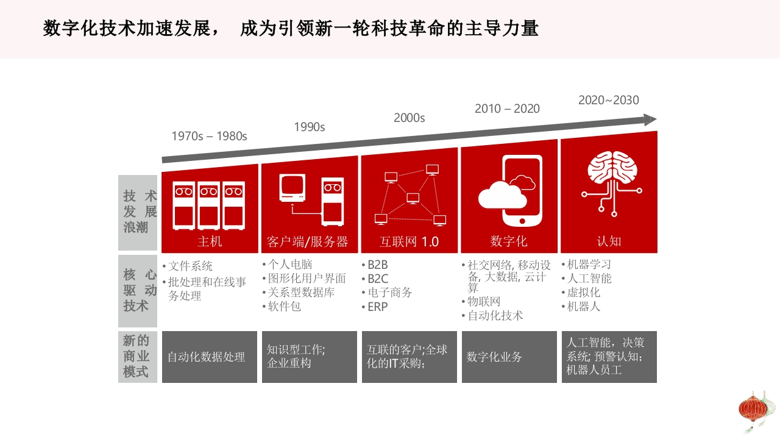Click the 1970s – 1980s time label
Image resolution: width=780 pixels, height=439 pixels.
209,136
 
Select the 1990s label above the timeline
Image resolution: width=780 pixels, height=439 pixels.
309,127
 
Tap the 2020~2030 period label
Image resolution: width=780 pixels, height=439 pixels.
609,100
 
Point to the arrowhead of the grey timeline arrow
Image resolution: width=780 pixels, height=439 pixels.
650,120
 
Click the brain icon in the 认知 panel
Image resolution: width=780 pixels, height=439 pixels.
612,184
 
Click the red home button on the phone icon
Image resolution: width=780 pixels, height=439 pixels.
522,221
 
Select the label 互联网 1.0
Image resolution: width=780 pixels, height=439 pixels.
409,241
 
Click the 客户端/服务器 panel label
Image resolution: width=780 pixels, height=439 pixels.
308,241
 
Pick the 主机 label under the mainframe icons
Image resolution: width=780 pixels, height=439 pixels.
210,241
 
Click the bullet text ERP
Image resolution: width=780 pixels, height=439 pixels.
377,307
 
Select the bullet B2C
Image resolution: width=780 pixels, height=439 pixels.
378,279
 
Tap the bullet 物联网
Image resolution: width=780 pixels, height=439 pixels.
484,301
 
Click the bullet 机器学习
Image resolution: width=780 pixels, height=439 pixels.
589,265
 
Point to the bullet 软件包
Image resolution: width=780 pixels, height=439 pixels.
284,307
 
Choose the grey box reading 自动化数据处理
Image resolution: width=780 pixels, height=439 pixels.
210,357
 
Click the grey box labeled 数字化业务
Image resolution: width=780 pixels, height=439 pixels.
509,357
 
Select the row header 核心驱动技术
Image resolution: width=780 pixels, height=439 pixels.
138,291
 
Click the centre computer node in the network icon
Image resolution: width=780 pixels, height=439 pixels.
413,198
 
